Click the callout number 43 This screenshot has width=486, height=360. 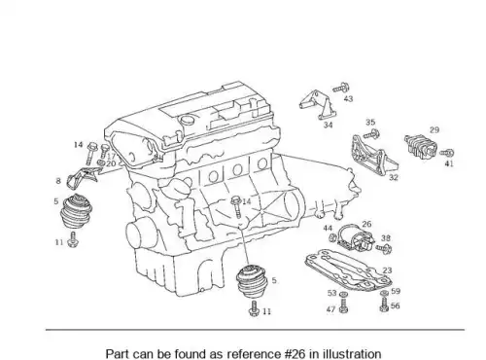pyautogui.click(x=348, y=98)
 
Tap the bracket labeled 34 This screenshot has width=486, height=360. pyautogui.click(x=318, y=105)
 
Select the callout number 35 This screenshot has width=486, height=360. pyautogui.click(x=370, y=123)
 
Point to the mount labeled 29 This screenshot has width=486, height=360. pyautogui.click(x=421, y=148)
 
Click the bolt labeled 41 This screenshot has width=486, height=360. pyautogui.click(x=447, y=153)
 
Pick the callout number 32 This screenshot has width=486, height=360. pyautogui.click(x=394, y=177)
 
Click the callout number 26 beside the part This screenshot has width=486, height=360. pyautogui.click(x=366, y=224)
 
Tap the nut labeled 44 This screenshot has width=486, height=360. pyautogui.click(x=332, y=238)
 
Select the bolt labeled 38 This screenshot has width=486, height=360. pyautogui.click(x=384, y=249)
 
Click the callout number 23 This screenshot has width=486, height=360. pyautogui.click(x=387, y=270)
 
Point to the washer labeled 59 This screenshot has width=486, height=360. pyautogui.click(x=384, y=294)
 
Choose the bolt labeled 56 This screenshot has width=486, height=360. pyautogui.click(x=384, y=305)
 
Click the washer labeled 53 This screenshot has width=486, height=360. pyautogui.click(x=343, y=295)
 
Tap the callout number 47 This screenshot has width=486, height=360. pyautogui.click(x=330, y=309)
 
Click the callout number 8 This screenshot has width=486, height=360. pyautogui.click(x=58, y=181)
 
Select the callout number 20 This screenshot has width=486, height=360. pyautogui.click(x=111, y=163)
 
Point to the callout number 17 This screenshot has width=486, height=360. pyautogui.click(x=111, y=156)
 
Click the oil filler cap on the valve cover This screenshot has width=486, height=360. pyautogui.click(x=188, y=120)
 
